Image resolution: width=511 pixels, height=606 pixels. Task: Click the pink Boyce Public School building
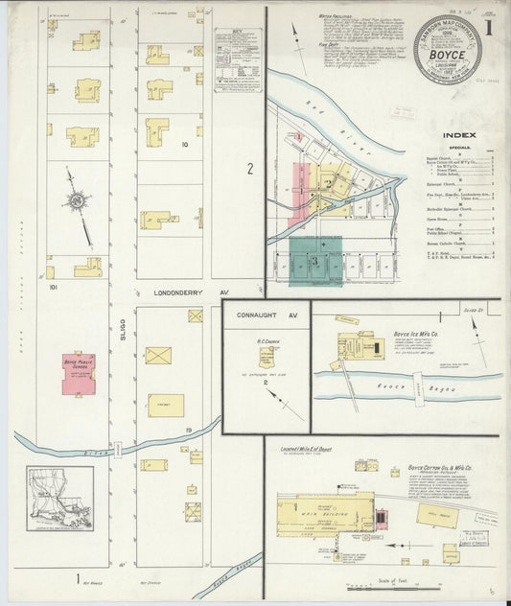point(80,373)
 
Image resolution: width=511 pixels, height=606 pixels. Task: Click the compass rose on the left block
point(76,200)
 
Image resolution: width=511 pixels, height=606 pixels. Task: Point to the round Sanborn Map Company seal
point(448,49)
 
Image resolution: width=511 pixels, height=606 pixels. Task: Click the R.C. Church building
point(267,358)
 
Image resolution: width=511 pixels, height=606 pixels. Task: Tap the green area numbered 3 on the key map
point(314,261)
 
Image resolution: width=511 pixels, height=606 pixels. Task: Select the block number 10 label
point(183,145)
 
